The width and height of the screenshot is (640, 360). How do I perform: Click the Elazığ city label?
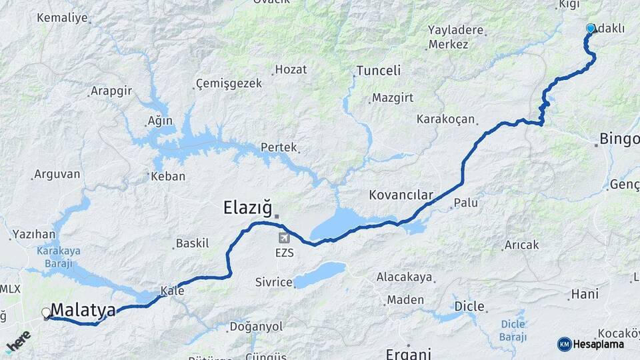(247, 210)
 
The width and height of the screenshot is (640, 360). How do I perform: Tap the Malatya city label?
(83, 310)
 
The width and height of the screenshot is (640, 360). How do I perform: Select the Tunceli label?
(378, 71)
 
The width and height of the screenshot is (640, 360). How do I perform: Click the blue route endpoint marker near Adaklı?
(590, 29)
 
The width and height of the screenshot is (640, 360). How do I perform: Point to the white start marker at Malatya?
(46, 312)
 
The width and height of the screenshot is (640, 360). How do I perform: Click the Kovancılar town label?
(401, 195)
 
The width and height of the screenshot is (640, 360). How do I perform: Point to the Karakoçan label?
(445, 120)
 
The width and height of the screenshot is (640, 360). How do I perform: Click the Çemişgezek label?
(229, 84)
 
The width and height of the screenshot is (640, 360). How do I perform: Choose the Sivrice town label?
(273, 283)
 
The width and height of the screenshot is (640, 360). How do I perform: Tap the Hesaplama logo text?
(598, 344)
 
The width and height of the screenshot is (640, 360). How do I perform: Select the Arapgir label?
(111, 91)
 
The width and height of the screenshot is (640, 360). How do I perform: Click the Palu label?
(465, 203)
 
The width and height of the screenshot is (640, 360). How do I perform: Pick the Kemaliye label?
(63, 18)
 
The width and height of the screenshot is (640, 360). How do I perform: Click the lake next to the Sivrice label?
(321, 274)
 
